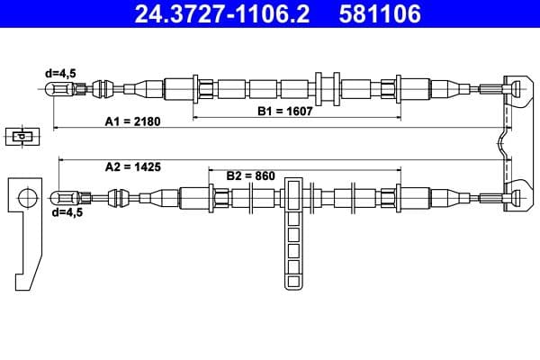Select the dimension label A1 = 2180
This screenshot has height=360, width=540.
point(132,121)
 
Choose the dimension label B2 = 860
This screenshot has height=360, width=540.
point(250,175)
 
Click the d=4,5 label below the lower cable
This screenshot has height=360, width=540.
point(67,212)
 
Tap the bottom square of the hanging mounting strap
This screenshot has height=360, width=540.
point(294,280)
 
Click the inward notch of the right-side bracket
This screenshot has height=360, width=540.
point(500,142)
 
